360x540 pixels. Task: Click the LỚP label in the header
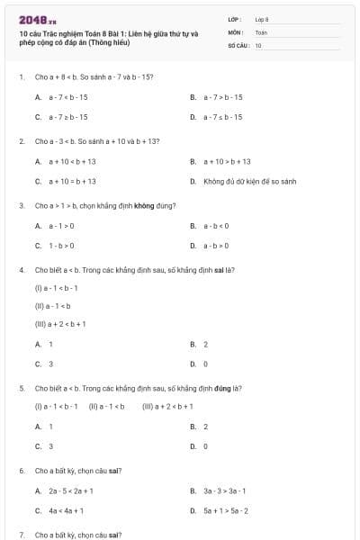pos(235,18)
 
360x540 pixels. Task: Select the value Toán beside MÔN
pos(261,31)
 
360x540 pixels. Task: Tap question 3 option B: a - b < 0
pos(216,225)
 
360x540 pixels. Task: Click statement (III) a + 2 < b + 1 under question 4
pos(60,323)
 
